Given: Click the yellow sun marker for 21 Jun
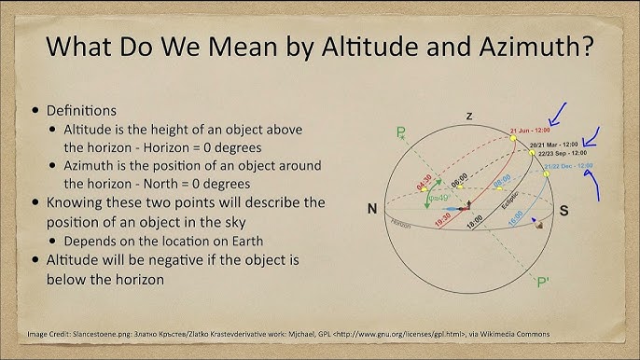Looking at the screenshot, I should [513, 138].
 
